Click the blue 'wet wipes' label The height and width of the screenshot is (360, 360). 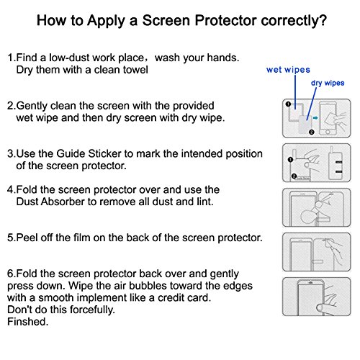(288, 70)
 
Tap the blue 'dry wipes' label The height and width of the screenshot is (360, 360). (328, 83)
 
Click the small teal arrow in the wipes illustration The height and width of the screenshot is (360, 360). (315, 118)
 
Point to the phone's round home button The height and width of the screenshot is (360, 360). (328, 132)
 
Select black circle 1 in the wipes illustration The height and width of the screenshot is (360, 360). (288, 104)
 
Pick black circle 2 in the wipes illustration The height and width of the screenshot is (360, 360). (312, 132)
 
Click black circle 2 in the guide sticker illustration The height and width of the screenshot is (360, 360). (294, 176)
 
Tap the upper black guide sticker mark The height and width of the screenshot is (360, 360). (338, 163)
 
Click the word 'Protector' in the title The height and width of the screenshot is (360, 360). (225, 20)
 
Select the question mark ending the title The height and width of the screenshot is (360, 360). (323, 20)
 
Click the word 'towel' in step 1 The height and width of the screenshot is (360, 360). (135, 70)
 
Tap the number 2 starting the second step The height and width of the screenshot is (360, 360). (10, 106)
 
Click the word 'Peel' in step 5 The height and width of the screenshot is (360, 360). (27, 238)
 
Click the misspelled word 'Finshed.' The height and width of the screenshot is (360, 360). (28, 322)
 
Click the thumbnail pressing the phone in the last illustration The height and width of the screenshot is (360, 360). (320, 308)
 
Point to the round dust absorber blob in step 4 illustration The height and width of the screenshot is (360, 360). (307, 217)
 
